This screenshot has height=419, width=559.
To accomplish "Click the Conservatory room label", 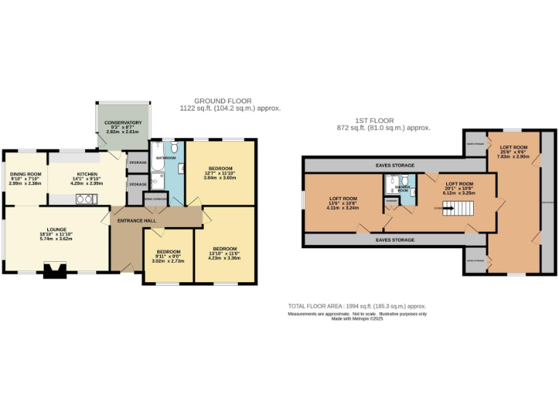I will (x=122, y=122).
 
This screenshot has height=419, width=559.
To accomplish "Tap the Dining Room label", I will (x=25, y=175).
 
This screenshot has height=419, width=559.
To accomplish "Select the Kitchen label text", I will (x=87, y=175).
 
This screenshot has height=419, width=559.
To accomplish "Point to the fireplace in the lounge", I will (x=53, y=271).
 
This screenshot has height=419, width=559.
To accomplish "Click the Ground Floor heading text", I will (x=223, y=101).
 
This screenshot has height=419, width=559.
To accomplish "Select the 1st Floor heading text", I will (x=376, y=121).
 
